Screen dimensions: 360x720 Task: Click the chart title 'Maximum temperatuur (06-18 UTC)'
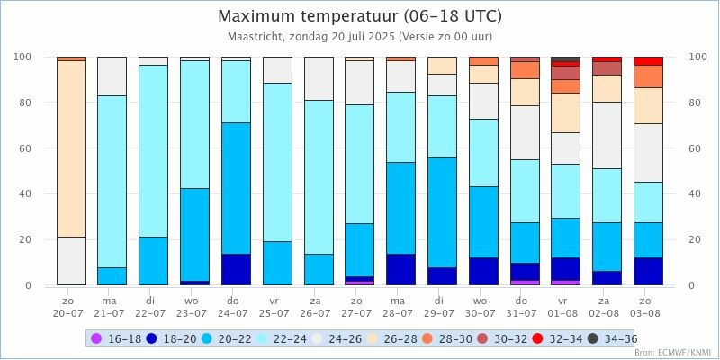coord(360,16)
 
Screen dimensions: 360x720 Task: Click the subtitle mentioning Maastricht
coord(360,37)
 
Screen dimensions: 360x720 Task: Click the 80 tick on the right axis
coord(696,103)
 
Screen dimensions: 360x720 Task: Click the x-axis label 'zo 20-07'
coord(70,307)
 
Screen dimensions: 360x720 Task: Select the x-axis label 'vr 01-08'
coord(565,307)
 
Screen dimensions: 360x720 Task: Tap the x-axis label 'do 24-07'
coord(236,307)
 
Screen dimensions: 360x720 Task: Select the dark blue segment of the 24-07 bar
coord(236,269)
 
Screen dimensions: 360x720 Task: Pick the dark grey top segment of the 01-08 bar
coord(565,58)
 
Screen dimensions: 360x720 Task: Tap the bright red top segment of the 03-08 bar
coord(648,61)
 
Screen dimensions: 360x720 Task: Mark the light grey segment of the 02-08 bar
coord(607,135)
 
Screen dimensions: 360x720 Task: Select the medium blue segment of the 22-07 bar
coord(153,261)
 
